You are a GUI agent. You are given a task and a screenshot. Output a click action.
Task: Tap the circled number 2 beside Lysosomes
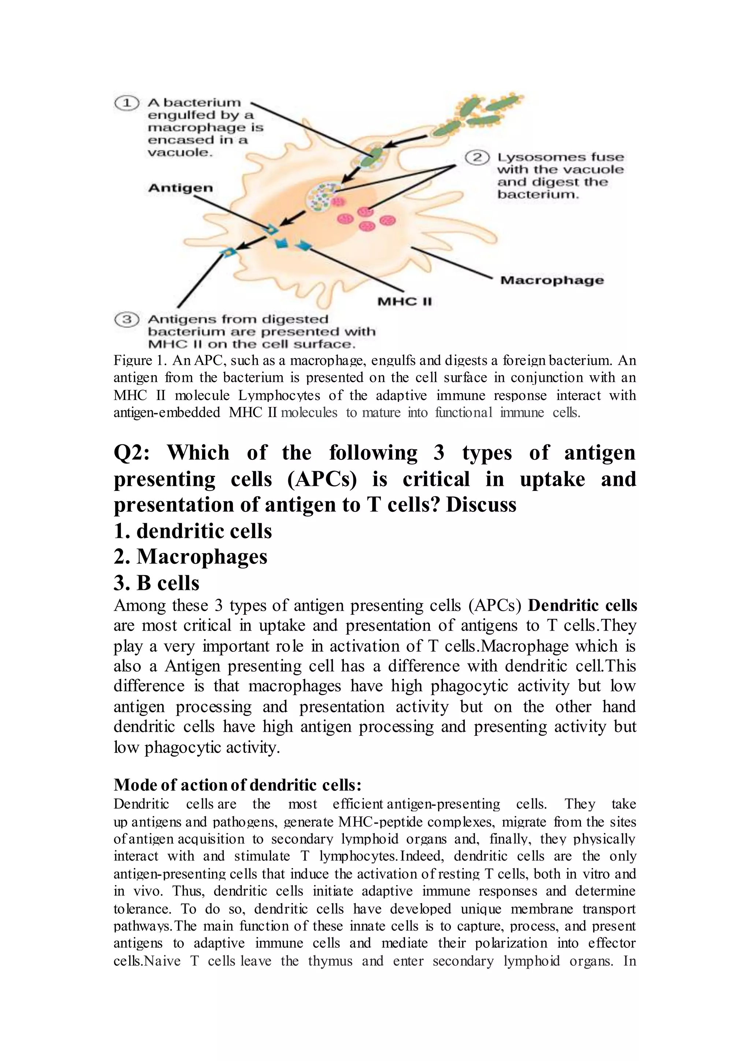(x=477, y=158)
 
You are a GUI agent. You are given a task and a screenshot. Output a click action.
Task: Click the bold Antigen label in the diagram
(x=181, y=188)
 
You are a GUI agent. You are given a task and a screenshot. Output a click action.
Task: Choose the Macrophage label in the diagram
(x=552, y=280)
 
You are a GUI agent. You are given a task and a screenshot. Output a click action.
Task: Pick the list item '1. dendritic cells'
(x=193, y=531)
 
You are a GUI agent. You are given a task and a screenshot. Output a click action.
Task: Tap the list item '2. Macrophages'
(x=190, y=557)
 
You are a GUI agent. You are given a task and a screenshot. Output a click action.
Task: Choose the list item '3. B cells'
(x=157, y=583)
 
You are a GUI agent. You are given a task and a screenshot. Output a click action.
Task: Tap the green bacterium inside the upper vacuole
(x=370, y=159)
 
